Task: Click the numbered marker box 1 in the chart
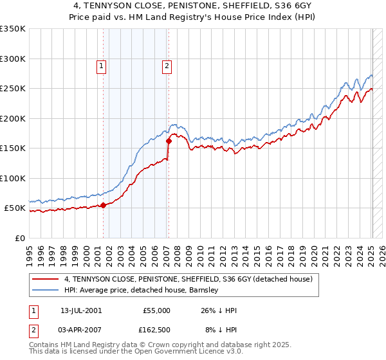click(102, 64)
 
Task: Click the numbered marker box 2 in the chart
click(167, 64)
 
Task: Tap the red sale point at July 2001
click(103, 205)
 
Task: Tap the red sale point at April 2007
click(168, 141)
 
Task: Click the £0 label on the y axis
click(19, 238)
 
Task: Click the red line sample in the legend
click(45, 279)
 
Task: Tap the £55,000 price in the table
click(158, 310)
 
